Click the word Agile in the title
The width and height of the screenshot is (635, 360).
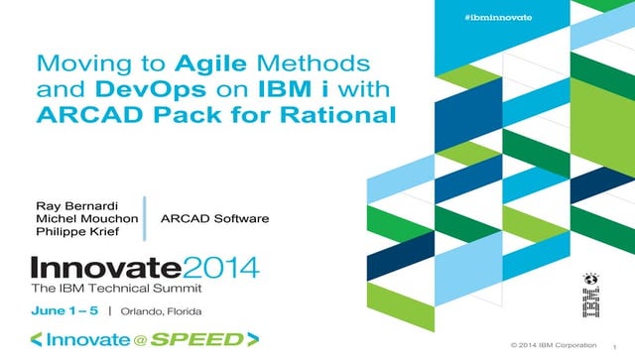(x=208, y=63)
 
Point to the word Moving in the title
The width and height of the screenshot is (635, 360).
(x=77, y=63)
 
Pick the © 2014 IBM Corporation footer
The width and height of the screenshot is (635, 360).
(x=554, y=345)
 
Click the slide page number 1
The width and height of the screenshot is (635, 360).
(x=615, y=347)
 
